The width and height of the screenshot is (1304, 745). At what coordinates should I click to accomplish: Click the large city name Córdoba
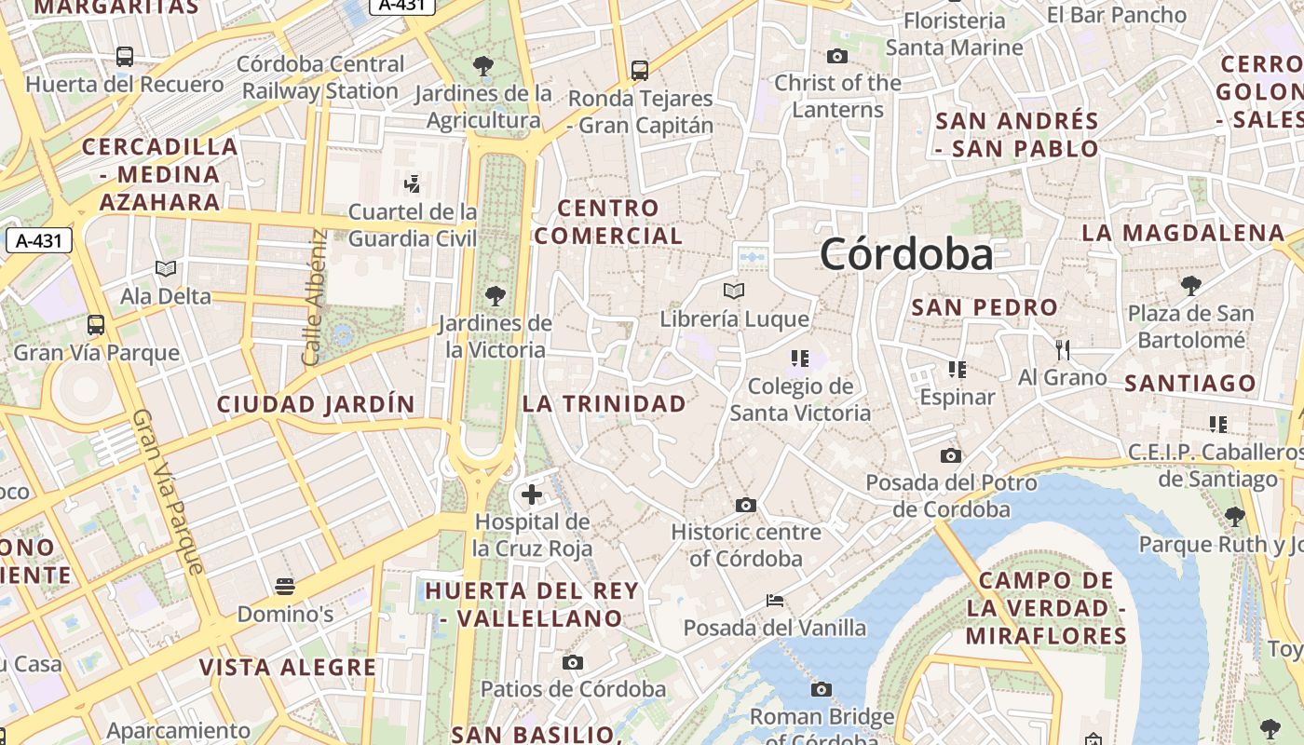point(906,254)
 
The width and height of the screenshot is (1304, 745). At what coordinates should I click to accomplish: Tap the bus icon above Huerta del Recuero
point(125,56)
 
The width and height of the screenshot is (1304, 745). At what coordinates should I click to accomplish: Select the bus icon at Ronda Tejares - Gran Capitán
point(639,70)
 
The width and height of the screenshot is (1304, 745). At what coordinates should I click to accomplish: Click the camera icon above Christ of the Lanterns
point(837,56)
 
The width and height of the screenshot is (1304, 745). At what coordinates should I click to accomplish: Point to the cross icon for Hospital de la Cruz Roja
point(531,494)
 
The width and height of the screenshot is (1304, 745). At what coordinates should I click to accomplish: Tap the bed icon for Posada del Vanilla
point(775,600)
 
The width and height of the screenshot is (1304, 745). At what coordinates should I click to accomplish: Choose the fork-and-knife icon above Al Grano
point(1063,350)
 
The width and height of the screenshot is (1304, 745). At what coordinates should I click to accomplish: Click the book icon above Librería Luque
point(734,291)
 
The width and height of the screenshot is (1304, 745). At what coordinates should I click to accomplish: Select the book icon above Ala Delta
point(166,269)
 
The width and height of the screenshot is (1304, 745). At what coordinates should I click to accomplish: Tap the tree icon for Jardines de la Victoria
point(495,296)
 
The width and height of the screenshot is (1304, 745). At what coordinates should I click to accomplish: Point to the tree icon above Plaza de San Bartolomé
point(1190,286)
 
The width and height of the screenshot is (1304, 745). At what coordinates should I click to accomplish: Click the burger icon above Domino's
point(285,587)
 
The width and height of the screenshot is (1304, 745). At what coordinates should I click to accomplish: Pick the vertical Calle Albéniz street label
point(314,296)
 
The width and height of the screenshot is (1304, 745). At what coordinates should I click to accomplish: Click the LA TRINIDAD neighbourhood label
point(604,404)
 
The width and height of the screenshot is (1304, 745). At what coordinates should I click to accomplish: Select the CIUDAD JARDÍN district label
point(315,404)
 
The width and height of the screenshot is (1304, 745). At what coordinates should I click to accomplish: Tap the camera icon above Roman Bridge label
point(821,689)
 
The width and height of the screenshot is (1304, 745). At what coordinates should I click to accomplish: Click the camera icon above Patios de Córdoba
point(573,662)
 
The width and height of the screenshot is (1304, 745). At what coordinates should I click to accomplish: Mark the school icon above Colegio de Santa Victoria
point(798,359)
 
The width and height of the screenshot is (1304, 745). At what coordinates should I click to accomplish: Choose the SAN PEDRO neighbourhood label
point(985,307)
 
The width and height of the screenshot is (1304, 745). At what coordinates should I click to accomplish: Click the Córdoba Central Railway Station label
point(321,77)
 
